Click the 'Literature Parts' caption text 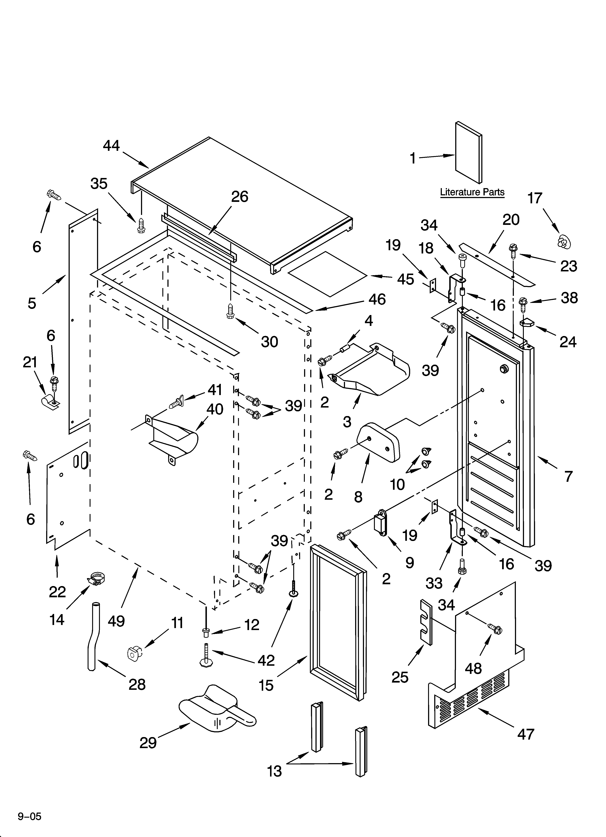tap(472, 192)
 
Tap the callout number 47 tap(526, 734)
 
